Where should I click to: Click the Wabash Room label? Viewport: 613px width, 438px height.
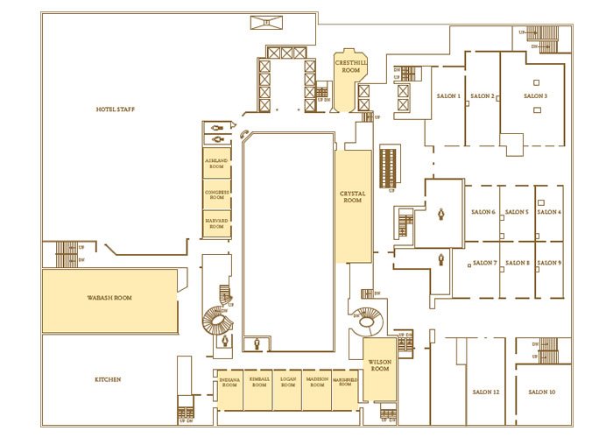[109, 298]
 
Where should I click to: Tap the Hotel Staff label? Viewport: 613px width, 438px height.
[115, 109]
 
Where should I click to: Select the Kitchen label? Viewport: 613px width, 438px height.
[109, 379]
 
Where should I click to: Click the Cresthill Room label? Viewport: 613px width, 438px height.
[351, 67]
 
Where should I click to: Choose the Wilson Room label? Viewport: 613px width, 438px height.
[380, 365]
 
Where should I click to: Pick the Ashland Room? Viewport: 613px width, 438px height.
[216, 165]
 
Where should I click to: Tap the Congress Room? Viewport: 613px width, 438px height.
[216, 194]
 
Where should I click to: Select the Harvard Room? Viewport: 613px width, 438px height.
[216, 223]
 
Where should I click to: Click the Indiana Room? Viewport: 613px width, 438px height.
[230, 383]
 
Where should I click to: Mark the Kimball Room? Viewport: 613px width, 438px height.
[258, 383]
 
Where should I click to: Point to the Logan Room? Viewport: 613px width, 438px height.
[287, 383]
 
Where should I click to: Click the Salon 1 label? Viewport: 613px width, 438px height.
[447, 95]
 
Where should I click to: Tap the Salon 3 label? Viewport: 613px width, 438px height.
[535, 95]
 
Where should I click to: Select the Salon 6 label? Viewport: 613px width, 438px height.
[483, 212]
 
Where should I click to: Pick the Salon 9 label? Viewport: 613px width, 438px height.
[549, 263]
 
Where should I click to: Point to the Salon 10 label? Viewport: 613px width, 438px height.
[542, 392]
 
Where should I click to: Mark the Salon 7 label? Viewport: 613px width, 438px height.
[483, 263]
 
